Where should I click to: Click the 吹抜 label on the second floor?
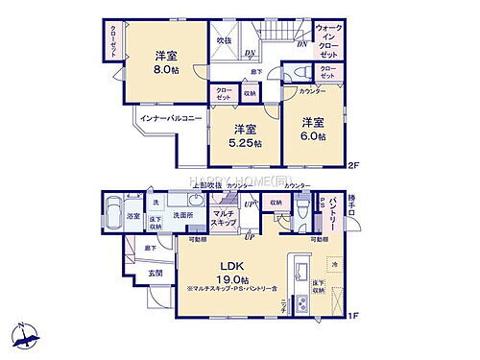pyautogui.click(x=224, y=41)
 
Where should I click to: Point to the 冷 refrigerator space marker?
pyautogui.click(x=335, y=262)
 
